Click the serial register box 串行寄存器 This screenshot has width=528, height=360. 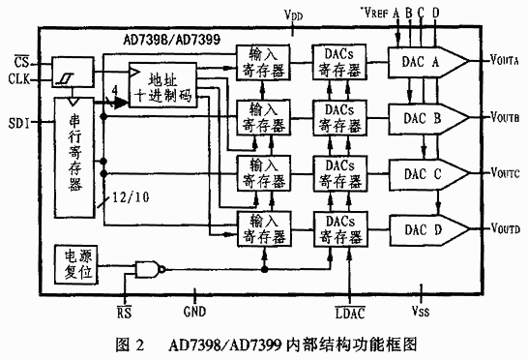[x=74, y=155]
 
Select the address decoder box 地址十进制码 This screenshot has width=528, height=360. [x=163, y=84]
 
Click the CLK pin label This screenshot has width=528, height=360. [x=19, y=77]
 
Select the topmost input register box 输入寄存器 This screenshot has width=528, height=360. [x=264, y=61]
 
